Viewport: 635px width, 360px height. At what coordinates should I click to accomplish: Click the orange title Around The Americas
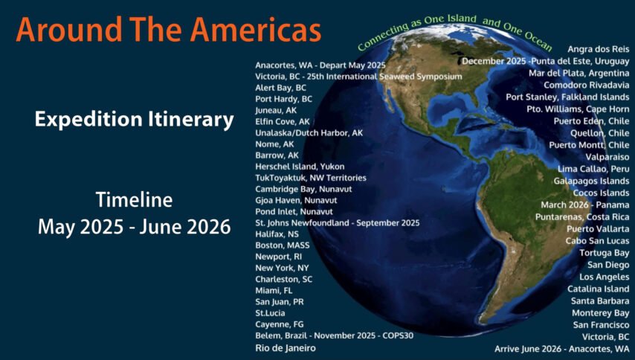[x=169, y=30]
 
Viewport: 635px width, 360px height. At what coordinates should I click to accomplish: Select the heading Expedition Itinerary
[x=135, y=120]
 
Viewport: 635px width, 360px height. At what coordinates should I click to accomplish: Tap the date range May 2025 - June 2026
[x=135, y=226]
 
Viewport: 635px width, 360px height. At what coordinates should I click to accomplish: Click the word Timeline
[x=134, y=199]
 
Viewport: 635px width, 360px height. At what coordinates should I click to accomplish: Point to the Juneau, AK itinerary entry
[x=276, y=110]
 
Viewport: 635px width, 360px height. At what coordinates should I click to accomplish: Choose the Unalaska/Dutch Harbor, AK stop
[x=309, y=133]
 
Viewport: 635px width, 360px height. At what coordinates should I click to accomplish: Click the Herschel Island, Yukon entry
[x=300, y=167]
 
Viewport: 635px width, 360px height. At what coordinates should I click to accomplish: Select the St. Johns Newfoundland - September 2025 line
[x=338, y=222]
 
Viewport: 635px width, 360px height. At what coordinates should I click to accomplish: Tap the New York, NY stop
[x=282, y=268]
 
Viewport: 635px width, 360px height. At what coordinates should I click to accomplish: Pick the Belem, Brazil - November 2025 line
[x=334, y=335]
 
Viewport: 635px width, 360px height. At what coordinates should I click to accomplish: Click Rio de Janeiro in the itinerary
[x=286, y=348]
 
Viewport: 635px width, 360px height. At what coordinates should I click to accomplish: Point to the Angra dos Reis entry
[x=598, y=49]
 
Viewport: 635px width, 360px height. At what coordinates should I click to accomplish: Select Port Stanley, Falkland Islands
[x=567, y=97]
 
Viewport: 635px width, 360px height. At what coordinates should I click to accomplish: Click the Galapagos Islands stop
[x=591, y=181]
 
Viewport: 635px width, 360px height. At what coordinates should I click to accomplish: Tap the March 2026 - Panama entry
[x=584, y=205]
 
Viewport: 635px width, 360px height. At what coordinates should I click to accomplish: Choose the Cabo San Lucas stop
[x=597, y=241]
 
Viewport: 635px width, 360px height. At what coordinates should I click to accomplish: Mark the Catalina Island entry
[x=598, y=289]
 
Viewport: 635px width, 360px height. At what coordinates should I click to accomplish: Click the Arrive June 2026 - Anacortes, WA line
[x=561, y=349]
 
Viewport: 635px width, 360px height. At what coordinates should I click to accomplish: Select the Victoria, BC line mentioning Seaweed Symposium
[x=358, y=77]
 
